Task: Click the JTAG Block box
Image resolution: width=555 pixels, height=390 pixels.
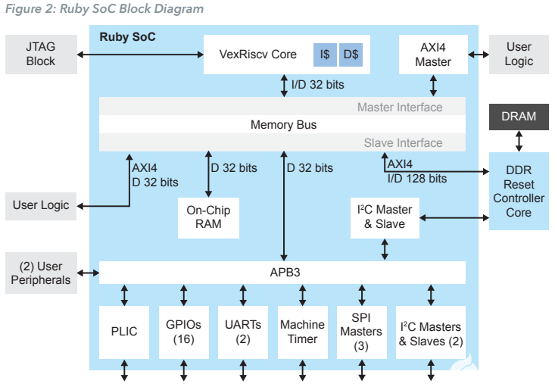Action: tap(40, 54)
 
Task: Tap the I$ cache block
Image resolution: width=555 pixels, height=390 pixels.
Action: tap(325, 55)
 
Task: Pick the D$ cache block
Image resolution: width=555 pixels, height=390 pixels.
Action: tap(351, 55)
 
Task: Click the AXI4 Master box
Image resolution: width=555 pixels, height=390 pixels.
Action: tap(433, 54)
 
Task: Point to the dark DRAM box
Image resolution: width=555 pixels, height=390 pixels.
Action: tap(519, 116)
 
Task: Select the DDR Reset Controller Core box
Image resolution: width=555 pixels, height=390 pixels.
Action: tap(519, 192)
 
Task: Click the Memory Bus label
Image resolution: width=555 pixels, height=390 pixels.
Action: tap(283, 124)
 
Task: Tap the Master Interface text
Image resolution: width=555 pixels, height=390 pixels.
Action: tap(400, 107)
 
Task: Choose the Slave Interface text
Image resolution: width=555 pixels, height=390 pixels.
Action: tap(403, 142)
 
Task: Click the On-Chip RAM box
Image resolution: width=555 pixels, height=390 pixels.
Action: tap(208, 218)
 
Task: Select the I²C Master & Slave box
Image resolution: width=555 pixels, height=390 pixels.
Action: tap(385, 217)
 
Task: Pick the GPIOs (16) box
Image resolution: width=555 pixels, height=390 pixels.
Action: tap(182, 332)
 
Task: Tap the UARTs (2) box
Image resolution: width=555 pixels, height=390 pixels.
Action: tap(242, 332)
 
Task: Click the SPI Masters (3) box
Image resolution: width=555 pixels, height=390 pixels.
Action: tap(361, 332)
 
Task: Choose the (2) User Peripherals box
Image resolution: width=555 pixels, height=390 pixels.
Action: tap(40, 273)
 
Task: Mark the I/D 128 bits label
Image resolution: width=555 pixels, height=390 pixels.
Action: tap(416, 179)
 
